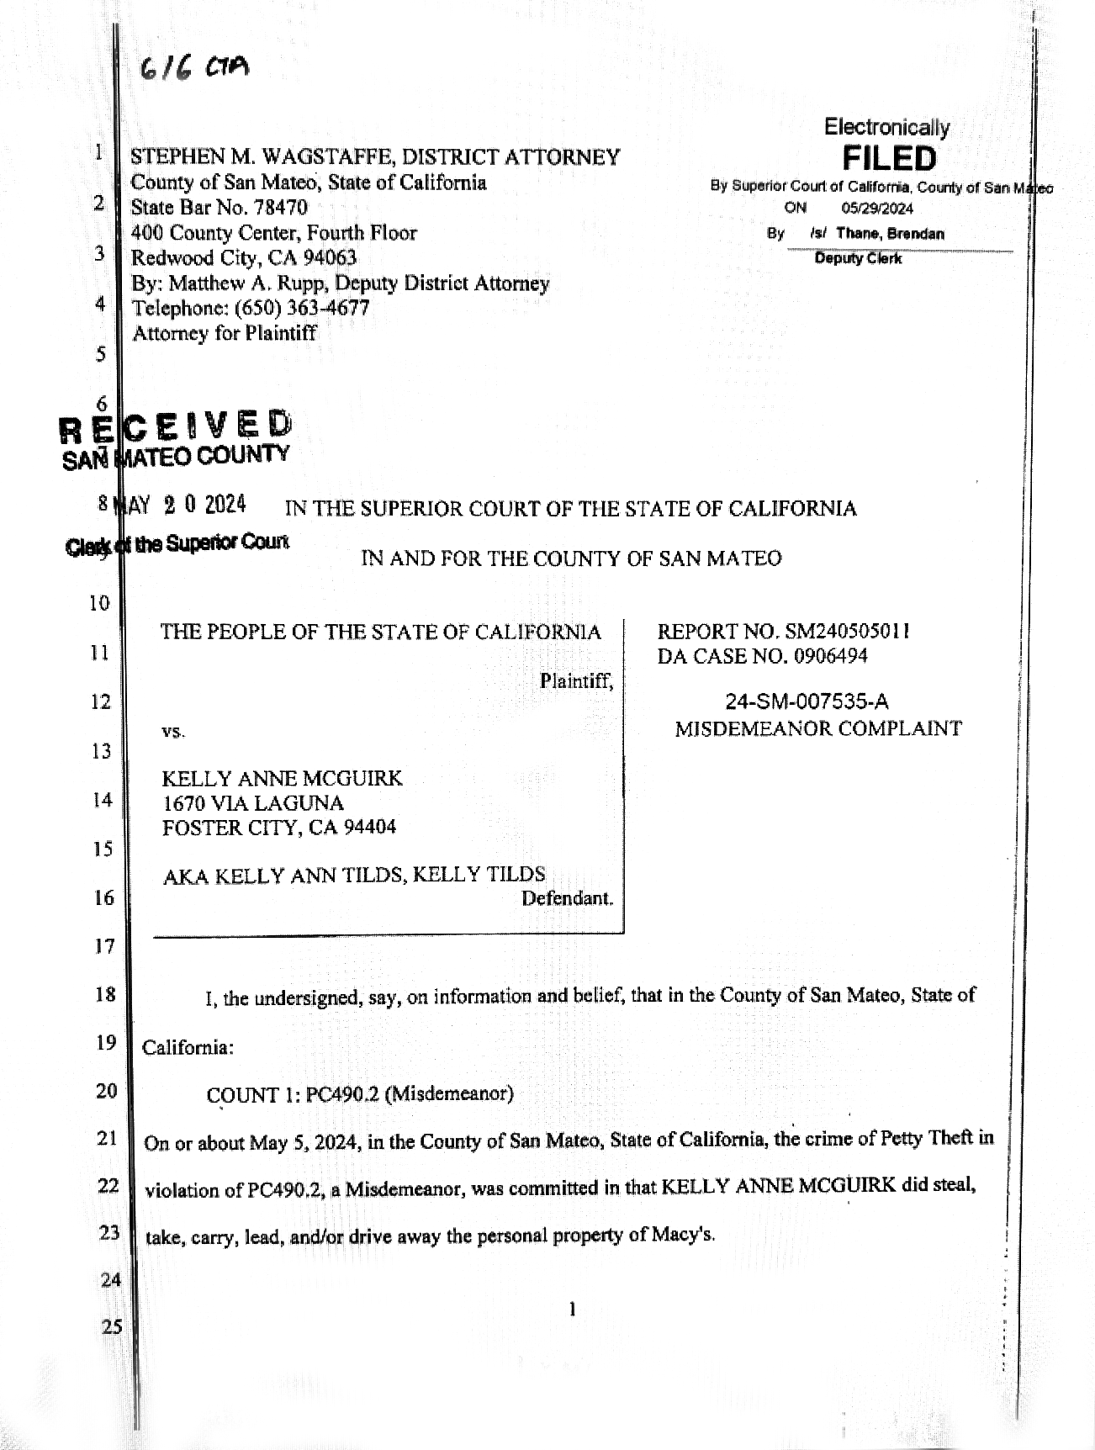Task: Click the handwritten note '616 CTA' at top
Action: coord(194,68)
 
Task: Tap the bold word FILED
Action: coord(889,158)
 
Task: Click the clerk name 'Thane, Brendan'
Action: coord(890,234)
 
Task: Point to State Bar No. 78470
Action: coord(219,207)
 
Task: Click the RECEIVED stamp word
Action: coord(177,426)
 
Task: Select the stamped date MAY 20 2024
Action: coord(182,505)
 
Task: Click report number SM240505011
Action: coord(847,631)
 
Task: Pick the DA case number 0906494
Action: coord(831,656)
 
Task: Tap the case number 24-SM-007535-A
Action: coord(807,702)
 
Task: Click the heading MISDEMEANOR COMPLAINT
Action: coord(817,728)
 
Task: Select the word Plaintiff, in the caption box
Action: coord(576,680)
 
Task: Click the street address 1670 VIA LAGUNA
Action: coord(252,802)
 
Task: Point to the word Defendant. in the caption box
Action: coord(567,898)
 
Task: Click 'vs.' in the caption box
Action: coord(173,732)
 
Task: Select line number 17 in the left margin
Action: coord(104,946)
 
